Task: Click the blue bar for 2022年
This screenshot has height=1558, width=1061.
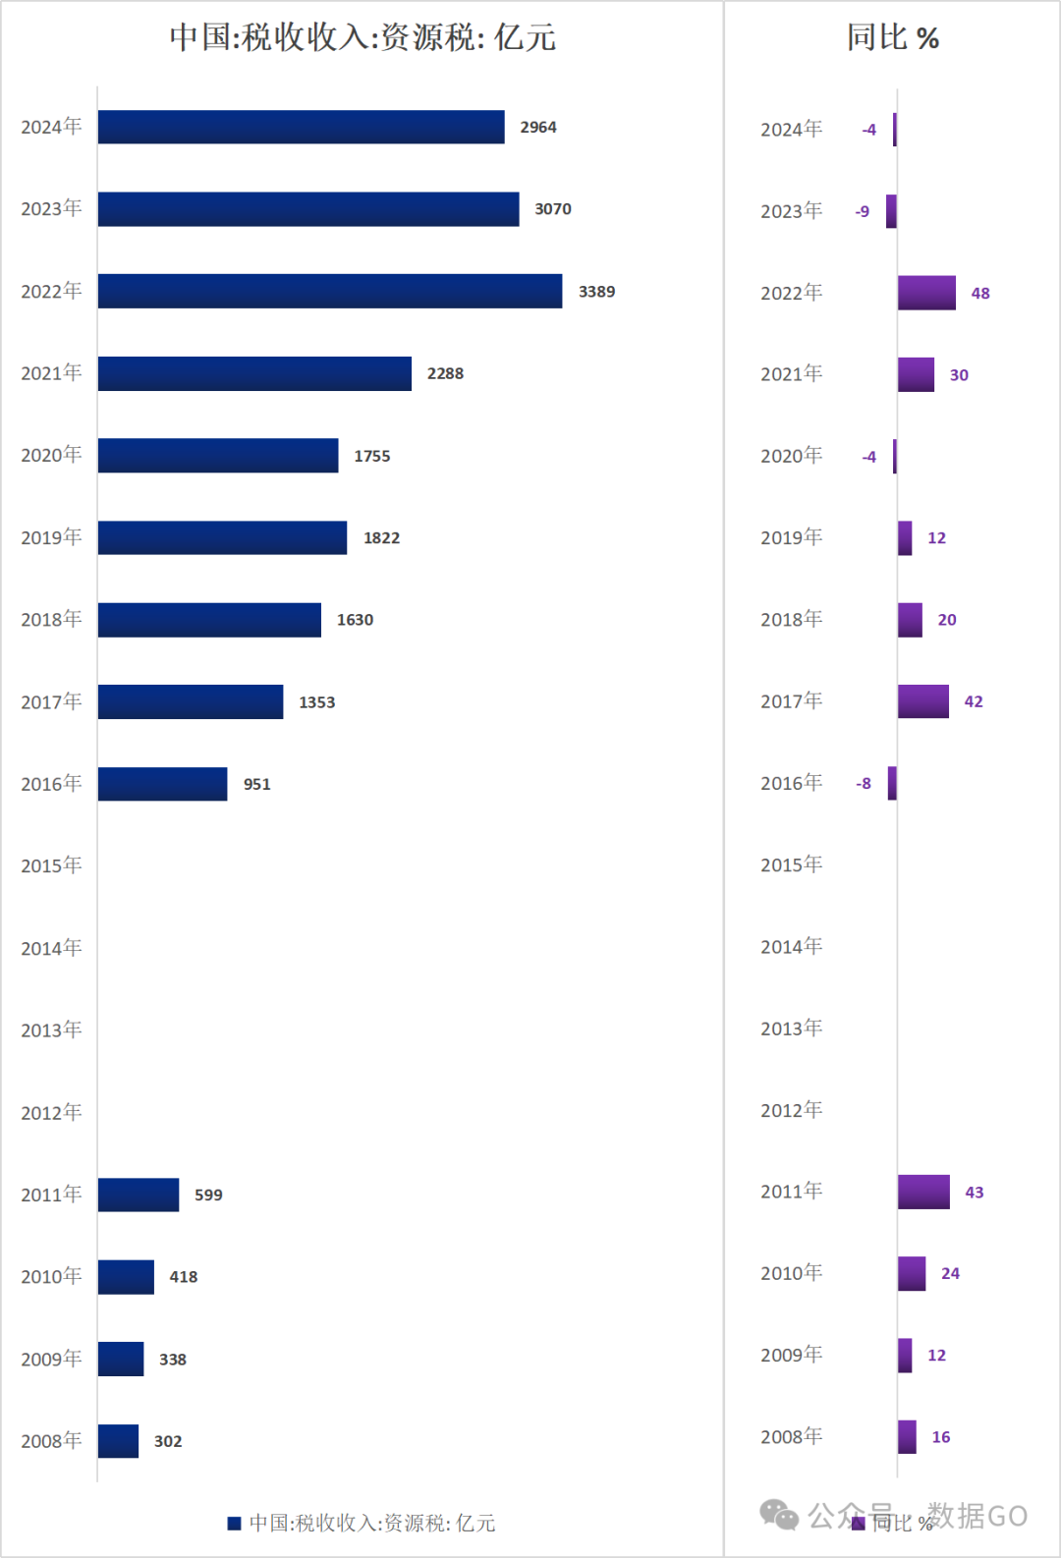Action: pyautogui.click(x=330, y=291)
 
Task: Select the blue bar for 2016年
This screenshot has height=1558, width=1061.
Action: pyautogui.click(x=162, y=784)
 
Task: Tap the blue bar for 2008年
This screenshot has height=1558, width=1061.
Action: pyautogui.click(x=118, y=1441)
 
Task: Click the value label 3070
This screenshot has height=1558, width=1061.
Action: pyautogui.click(x=553, y=209)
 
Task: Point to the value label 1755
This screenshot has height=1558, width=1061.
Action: pyautogui.click(x=372, y=456)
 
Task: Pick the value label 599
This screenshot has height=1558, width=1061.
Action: pyautogui.click(x=208, y=1195)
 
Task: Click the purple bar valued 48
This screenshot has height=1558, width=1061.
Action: pyautogui.click(x=926, y=293)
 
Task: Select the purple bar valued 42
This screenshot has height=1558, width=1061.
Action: pyautogui.click(x=923, y=701)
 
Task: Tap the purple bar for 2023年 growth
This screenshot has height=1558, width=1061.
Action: pyautogui.click(x=891, y=211)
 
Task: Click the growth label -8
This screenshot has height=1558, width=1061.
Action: pyautogui.click(x=864, y=784)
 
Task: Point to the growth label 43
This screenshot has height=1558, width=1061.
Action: pyautogui.click(x=975, y=1193)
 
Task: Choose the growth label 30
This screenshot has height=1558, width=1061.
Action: pyautogui.click(x=959, y=375)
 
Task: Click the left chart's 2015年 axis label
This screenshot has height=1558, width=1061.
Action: pyautogui.click(x=51, y=865)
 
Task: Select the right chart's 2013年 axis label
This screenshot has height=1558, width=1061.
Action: pyautogui.click(x=791, y=1029)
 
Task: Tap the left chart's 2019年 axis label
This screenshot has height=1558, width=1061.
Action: pyautogui.click(x=51, y=537)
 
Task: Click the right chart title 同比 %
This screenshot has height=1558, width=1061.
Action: pyautogui.click(x=893, y=37)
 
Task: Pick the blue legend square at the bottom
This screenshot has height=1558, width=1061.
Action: pyautogui.click(x=234, y=1524)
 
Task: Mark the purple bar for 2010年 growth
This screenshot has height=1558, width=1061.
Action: pyautogui.click(x=912, y=1274)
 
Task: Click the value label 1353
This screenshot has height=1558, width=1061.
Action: pyautogui.click(x=317, y=702)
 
